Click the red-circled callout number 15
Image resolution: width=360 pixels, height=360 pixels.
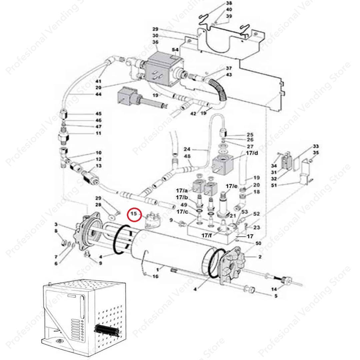coord(134,214)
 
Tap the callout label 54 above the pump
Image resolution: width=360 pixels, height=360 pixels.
coord(175,50)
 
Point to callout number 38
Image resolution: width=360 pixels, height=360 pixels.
coord(229,3)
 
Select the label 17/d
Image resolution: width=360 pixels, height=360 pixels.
coord(252,153)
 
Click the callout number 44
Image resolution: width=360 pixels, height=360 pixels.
coord(98,94)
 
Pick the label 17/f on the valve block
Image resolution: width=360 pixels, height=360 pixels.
coord(206,235)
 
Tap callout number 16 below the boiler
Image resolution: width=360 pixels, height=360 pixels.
coord(155,276)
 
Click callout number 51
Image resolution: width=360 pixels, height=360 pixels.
coord(274,185)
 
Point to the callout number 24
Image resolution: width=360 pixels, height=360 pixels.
coord(187,149)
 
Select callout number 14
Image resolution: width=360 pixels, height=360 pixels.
coord(274,289)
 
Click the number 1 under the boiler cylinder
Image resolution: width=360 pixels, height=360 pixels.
coord(157,270)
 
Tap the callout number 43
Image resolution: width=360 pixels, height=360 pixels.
coord(229,75)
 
